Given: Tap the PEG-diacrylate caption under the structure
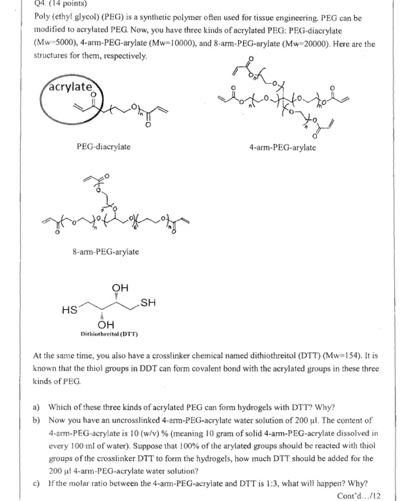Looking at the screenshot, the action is coord(103,147).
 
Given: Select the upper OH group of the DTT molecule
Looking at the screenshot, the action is coord(119,288).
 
